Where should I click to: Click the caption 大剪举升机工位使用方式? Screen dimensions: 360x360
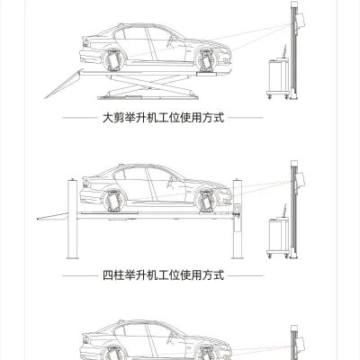[163, 117]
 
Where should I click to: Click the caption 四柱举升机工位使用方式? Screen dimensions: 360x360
[163, 274]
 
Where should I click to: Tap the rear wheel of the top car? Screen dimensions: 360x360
[113, 59]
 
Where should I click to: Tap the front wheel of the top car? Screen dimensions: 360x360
[206, 60]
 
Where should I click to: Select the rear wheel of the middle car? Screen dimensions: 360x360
[113, 201]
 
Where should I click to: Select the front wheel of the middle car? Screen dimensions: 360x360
[206, 201]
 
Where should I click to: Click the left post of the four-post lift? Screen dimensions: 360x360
[72, 219]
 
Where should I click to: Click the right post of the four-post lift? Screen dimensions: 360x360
[237, 219]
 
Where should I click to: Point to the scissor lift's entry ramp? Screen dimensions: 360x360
[64, 84]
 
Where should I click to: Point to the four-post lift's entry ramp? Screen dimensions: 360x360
[53, 216]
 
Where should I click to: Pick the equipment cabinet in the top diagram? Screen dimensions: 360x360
[278, 77]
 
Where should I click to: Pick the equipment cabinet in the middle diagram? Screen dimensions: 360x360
[278, 237]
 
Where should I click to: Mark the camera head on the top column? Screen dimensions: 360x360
[300, 21]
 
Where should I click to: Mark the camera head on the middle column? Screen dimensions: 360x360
[300, 179]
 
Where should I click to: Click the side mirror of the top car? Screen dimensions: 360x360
[174, 38]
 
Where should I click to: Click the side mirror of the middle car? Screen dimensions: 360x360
[174, 179]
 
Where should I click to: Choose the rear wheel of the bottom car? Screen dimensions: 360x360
[113, 353]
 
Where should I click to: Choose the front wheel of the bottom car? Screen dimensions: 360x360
[206, 353]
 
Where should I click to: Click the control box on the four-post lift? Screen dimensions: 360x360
[237, 208]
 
